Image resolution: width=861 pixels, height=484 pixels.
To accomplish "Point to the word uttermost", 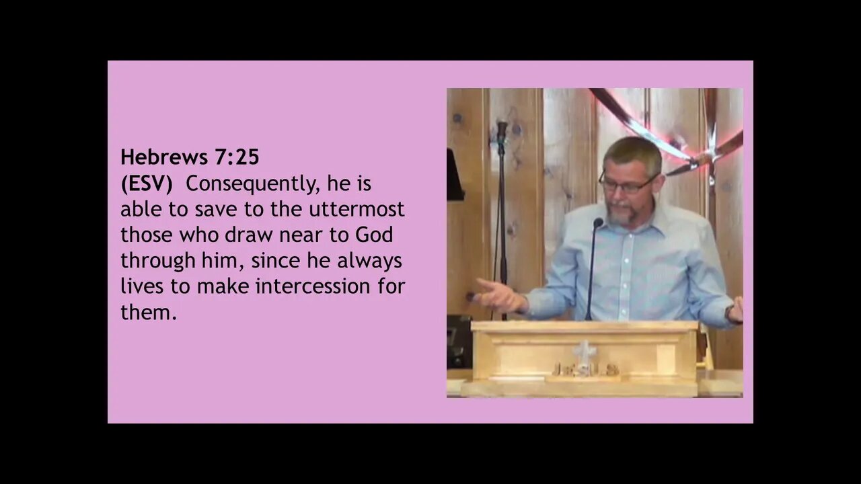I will (x=357, y=209).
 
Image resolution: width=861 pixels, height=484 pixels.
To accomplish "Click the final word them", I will (x=148, y=312).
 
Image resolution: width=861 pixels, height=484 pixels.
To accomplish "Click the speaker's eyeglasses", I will (x=628, y=184).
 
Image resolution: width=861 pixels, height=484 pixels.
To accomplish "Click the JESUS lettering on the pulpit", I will (x=585, y=369).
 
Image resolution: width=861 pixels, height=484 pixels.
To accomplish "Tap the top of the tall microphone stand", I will (x=501, y=126).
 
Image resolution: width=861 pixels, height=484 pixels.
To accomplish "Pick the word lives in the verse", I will (x=142, y=286).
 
